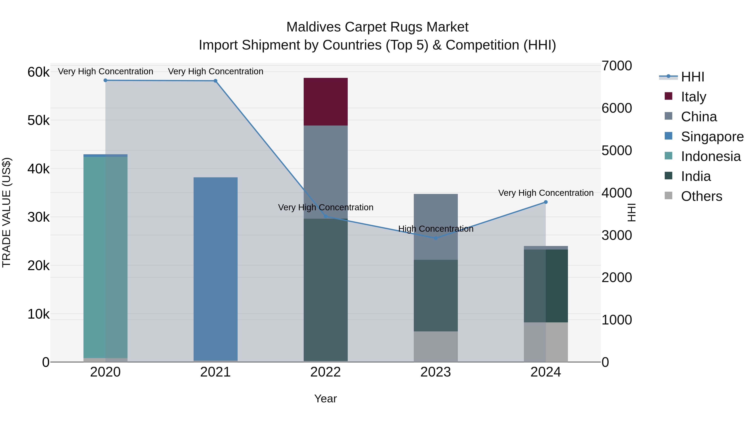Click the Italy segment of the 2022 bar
coord(325,102)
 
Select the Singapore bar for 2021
coord(215,268)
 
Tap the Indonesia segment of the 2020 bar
coord(105,257)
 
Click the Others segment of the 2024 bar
coord(546,342)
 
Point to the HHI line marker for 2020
coord(105,80)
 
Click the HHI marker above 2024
coord(546,202)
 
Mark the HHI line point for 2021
coord(215,81)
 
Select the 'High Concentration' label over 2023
coord(436,229)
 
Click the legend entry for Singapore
coord(712,137)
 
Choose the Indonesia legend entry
coord(711,156)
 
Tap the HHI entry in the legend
coord(692,77)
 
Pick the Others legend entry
coord(701,196)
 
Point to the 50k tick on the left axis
coord(38,120)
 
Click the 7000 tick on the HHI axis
coord(617,66)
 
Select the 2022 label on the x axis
coord(325,372)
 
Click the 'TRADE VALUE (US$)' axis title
coord(7,212)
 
